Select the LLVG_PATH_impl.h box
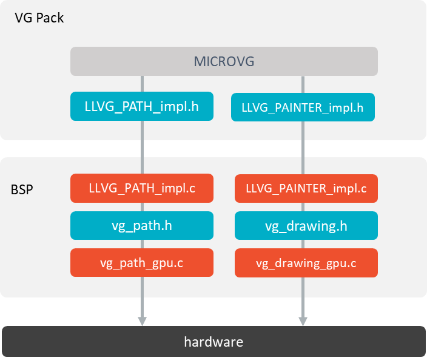[x=142, y=106]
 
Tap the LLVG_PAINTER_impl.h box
[x=303, y=107]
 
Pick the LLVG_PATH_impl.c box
[x=142, y=188]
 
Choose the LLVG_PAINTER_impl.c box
[x=306, y=188]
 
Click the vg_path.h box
[x=142, y=225]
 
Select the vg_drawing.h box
[x=306, y=226]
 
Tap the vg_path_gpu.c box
[x=142, y=263]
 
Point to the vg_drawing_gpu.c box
[x=306, y=263]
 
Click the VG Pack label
[x=39, y=18]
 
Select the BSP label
[x=22, y=189]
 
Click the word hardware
[x=213, y=342]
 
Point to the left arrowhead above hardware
[x=142, y=321]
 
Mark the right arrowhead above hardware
[x=303, y=321]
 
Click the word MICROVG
[x=224, y=61]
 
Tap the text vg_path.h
[x=142, y=225]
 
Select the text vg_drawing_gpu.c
[x=306, y=263]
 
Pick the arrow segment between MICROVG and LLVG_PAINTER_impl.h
[x=303, y=84]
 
